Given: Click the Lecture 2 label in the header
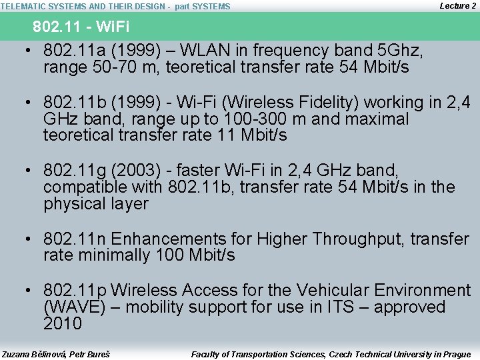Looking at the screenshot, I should (458, 5).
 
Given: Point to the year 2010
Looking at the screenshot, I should (63, 324).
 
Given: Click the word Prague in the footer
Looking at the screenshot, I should (457, 354).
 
